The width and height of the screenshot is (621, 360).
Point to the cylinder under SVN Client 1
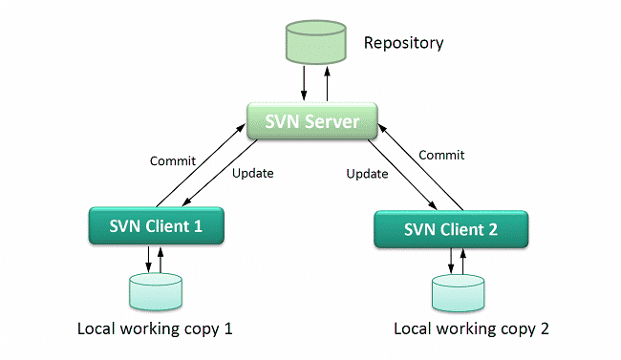[155, 290]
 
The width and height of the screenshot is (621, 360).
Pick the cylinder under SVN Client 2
[456, 294]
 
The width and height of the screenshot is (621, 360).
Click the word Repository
[403, 43]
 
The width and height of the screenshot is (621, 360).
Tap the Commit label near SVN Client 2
[441, 154]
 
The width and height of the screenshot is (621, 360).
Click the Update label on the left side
[253, 174]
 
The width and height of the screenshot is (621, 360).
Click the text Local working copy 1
[155, 329]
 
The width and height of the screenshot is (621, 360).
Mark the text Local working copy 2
[472, 329]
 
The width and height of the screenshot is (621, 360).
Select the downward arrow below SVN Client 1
[149, 259]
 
